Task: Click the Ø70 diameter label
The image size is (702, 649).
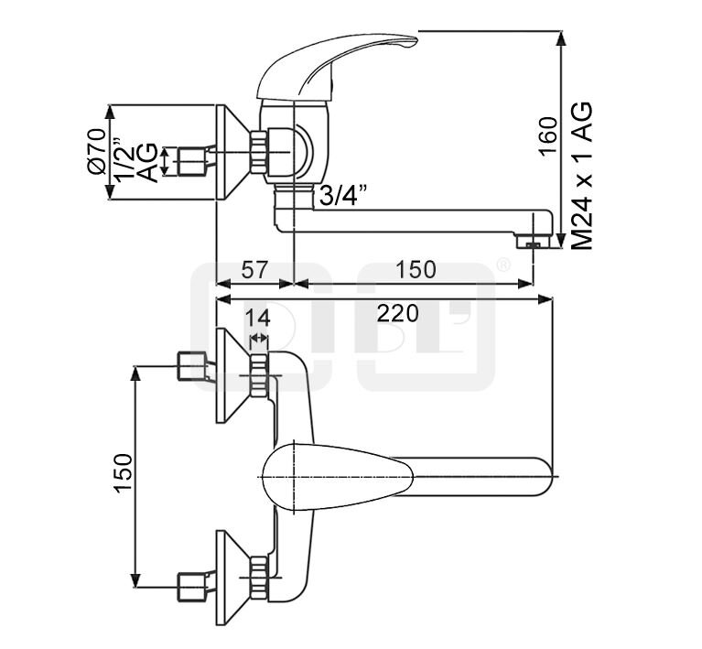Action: pos(96,151)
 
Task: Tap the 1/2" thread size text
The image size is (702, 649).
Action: pos(124,159)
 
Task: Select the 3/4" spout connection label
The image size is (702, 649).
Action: pos(343,195)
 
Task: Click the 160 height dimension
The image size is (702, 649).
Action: pos(548,136)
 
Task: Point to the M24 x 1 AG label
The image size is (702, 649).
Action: pos(582,176)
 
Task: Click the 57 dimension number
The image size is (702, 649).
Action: pos(254,270)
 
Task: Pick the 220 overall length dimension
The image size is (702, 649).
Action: pos(397,313)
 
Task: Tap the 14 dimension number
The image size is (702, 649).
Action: pos(257,318)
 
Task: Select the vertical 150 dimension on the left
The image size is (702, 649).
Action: pos(124,473)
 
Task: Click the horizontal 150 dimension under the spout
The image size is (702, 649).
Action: pos(415,270)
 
